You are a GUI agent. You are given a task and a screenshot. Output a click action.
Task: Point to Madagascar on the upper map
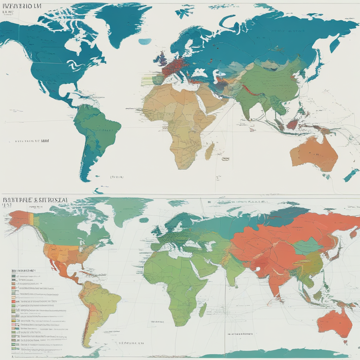tap(210, 151)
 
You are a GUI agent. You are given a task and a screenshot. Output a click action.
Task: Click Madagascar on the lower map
tap(203, 309)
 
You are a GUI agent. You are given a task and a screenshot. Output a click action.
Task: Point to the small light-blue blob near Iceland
tap(144, 41)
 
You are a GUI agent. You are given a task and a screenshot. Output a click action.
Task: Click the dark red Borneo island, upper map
tap(292, 124)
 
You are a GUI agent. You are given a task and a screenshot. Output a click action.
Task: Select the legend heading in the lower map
tap(23, 271)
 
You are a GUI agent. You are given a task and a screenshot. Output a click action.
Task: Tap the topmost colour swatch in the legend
tap(13, 277)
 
